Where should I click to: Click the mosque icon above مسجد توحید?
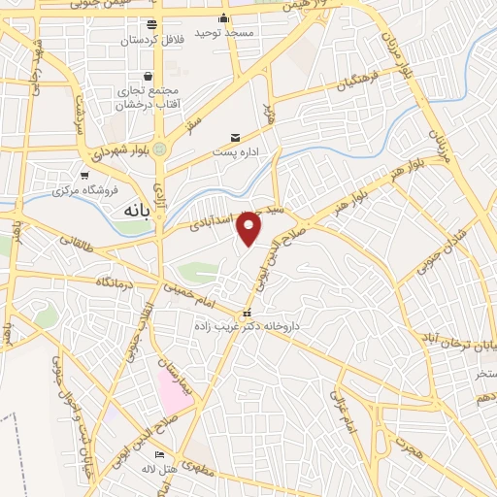click(224, 18)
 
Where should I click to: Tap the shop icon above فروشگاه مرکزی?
click(85, 175)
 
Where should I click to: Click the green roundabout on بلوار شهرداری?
click(160, 149)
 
